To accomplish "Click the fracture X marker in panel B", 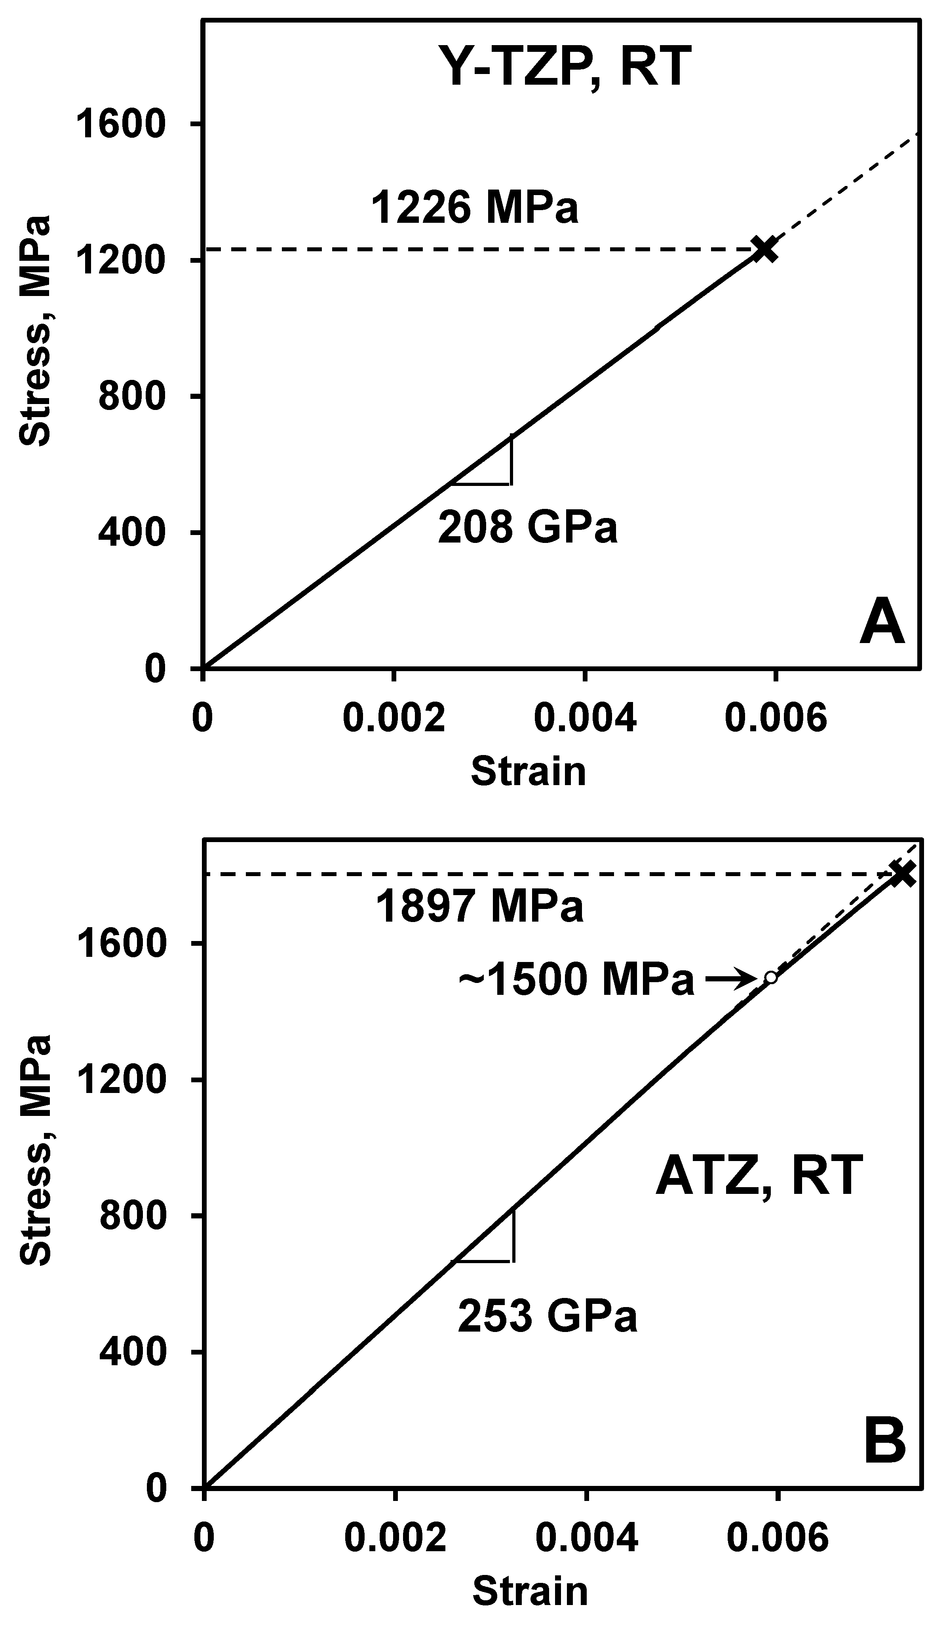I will click(x=902, y=874).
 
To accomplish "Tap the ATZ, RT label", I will click(x=759, y=1176).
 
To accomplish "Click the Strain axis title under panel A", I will click(x=528, y=772).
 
